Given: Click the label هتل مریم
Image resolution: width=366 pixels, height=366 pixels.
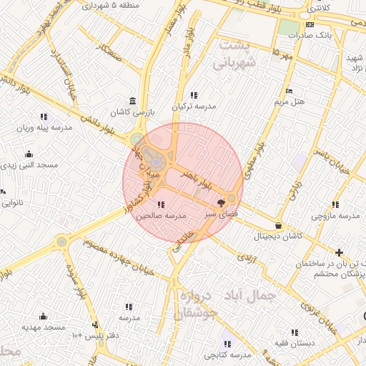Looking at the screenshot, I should pyautogui.click(x=290, y=102).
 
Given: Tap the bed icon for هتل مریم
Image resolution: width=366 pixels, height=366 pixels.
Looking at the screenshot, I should pyautogui.click(x=289, y=91).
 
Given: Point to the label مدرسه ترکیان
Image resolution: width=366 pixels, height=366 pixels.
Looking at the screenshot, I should pyautogui.click(x=193, y=107).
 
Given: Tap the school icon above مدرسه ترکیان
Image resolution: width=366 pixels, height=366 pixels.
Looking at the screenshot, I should pyautogui.click(x=194, y=95).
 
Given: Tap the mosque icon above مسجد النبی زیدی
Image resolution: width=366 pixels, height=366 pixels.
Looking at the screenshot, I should pyautogui.click(x=29, y=154).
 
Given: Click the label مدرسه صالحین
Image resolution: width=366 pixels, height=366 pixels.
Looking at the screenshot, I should pyautogui.click(x=161, y=214).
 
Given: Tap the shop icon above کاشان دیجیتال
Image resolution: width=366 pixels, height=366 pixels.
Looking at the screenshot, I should pyautogui.click(x=278, y=226).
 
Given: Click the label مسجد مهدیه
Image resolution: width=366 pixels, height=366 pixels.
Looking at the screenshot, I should pyautogui.click(x=43, y=327).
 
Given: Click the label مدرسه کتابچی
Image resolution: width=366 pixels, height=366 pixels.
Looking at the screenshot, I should pyautogui.click(x=228, y=355).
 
